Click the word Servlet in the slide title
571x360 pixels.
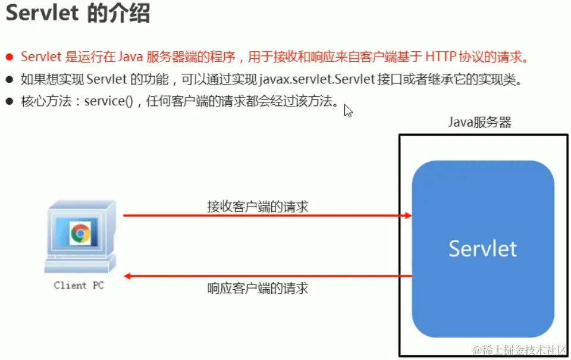42,14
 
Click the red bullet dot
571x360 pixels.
9,58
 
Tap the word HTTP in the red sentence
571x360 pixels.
441,57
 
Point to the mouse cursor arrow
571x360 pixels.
347,111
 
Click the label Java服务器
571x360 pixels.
479,123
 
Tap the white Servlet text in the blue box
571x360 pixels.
482,248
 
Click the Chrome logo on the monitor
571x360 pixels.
80,233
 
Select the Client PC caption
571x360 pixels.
79,286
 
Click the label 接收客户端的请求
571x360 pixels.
258,206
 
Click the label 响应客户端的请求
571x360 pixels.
258,289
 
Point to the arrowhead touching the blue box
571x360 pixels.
408,215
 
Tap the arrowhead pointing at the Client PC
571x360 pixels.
127,276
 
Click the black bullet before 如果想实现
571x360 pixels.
9,79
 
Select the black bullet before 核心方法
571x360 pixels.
9,101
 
